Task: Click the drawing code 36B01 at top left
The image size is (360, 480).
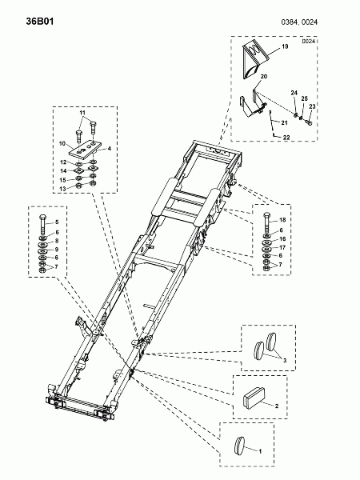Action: pyautogui.click(x=40, y=22)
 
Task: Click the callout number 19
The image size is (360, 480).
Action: pyautogui.click(x=285, y=46)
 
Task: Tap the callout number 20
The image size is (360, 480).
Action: pyautogui.click(x=263, y=76)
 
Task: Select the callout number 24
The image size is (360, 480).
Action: pyautogui.click(x=294, y=93)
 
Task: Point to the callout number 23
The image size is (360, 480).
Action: pyautogui.click(x=312, y=106)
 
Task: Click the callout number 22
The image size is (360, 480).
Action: pyautogui.click(x=286, y=138)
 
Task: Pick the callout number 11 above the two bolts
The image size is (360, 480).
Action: pyautogui.click(x=82, y=113)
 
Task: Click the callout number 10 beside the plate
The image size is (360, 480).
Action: pyautogui.click(x=62, y=143)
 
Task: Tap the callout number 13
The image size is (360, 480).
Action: pyautogui.click(x=62, y=189)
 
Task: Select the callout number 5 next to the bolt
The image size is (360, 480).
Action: pyautogui.click(x=57, y=222)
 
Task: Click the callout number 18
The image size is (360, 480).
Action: pyautogui.click(x=282, y=220)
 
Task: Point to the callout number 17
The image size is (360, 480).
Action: pyautogui.click(x=282, y=247)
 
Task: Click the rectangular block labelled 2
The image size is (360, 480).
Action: pyautogui.click(x=254, y=398)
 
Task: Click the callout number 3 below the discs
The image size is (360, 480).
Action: pyautogui.click(x=284, y=360)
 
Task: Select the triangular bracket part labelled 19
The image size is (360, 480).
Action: pyautogui.click(x=255, y=61)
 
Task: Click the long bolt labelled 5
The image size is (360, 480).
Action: pyautogui.click(x=42, y=225)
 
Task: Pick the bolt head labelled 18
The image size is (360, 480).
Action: pyautogui.click(x=267, y=214)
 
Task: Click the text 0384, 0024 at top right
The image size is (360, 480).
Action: pyautogui.click(x=299, y=22)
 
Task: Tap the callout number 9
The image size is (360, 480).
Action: pyautogui.click(x=57, y=250)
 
